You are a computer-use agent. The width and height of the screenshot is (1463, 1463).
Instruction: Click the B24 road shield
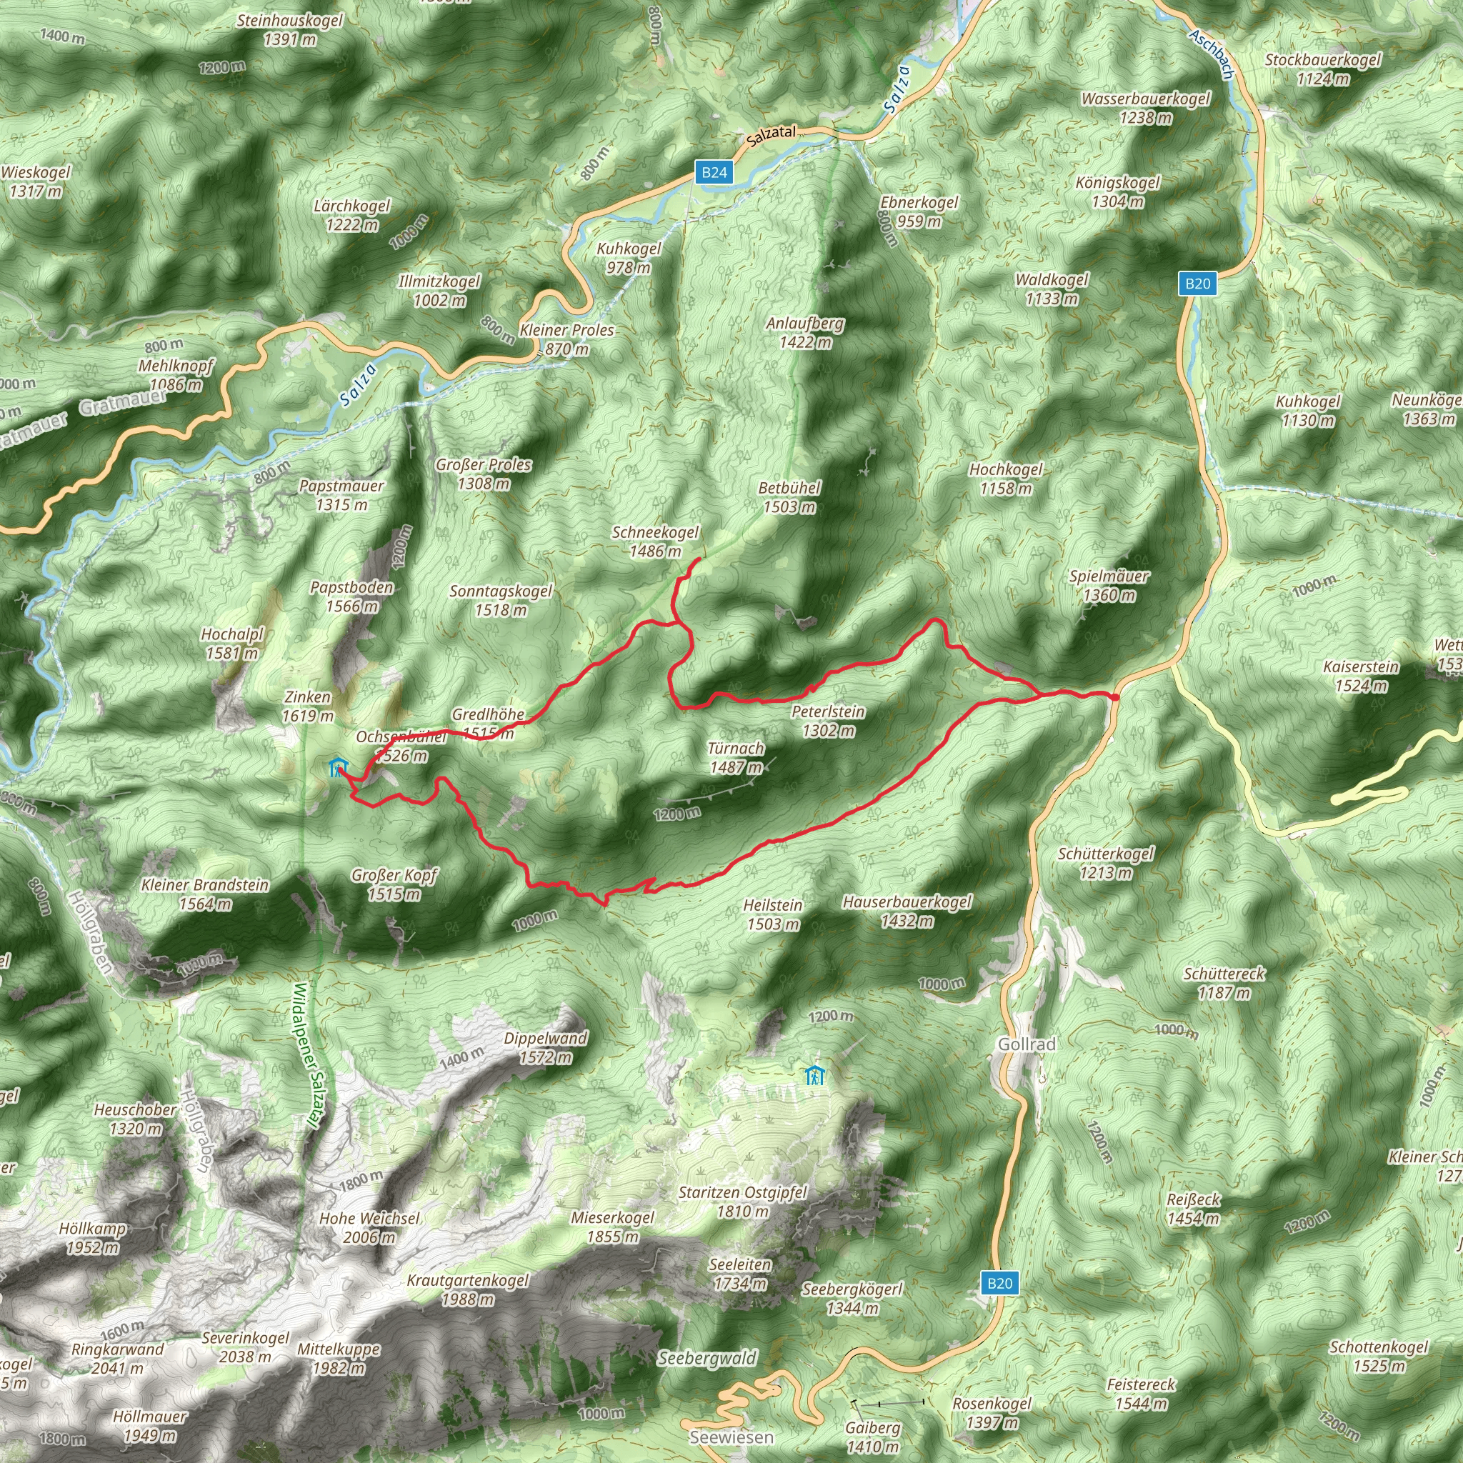coord(714,173)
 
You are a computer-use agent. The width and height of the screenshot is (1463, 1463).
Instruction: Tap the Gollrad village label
coord(1026,1044)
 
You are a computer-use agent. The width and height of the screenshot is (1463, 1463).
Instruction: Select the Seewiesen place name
coord(731,1437)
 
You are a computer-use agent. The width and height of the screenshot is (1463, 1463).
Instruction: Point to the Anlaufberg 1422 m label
coord(805,332)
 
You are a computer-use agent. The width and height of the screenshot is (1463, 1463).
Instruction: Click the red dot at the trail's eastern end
coord(1114,696)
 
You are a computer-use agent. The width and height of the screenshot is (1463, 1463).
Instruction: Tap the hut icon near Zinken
coord(338,768)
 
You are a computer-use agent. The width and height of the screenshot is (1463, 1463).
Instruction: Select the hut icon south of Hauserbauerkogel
coord(814,1074)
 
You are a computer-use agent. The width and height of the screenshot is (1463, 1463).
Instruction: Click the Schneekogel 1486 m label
coord(655,541)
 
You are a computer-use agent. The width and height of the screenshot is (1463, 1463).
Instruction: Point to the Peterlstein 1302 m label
coord(828,721)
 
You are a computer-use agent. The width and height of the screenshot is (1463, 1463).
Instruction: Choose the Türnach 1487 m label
coord(736,757)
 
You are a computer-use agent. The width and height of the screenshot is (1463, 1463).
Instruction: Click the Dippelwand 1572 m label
coord(545,1047)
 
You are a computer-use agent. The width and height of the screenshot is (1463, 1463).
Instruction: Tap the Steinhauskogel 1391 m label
coord(289,29)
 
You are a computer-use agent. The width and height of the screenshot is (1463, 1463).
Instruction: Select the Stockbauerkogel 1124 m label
coord(1323,69)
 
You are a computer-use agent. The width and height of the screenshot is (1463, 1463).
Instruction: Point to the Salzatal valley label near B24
coord(771,136)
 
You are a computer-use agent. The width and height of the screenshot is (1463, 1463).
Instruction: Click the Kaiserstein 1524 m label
coord(1361,676)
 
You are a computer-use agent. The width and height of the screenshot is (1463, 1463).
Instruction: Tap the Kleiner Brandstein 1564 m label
coord(205,894)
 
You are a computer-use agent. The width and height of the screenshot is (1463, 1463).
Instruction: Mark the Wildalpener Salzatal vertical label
coord(306,1057)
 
